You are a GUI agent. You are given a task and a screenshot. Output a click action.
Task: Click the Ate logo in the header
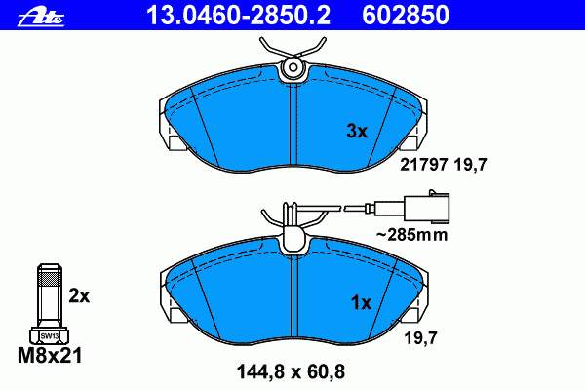[41, 18]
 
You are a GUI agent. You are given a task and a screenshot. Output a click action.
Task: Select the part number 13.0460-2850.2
[238, 16]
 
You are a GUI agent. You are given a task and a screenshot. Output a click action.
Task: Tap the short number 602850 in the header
[406, 16]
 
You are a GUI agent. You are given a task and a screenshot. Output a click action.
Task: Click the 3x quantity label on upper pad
[357, 131]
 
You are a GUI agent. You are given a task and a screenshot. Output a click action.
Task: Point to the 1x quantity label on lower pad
[361, 302]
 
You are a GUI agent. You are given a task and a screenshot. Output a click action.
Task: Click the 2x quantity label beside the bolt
[79, 296]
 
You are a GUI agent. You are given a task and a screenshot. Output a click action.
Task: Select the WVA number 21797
[423, 165]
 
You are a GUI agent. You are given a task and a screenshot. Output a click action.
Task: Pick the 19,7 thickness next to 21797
[471, 165]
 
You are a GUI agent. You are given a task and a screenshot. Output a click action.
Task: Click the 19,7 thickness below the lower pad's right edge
[420, 338]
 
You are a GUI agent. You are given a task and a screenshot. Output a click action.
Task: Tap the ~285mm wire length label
[411, 235]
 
